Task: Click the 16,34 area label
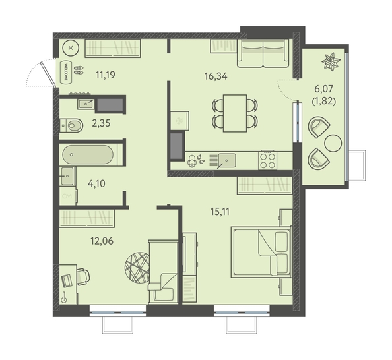216,76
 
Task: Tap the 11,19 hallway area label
106,75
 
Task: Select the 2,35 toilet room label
101,123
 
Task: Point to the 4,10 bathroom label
96,183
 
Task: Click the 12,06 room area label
102,241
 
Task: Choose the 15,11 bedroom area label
220,212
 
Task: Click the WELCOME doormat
66,71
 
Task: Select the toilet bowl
72,125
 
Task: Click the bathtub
88,155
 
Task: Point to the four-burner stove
268,160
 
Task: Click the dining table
235,113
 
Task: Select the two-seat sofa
263,53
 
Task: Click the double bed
261,252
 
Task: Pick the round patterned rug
137,268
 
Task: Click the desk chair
83,276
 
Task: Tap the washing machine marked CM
67,196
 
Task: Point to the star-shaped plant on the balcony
331,62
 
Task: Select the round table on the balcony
333,143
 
